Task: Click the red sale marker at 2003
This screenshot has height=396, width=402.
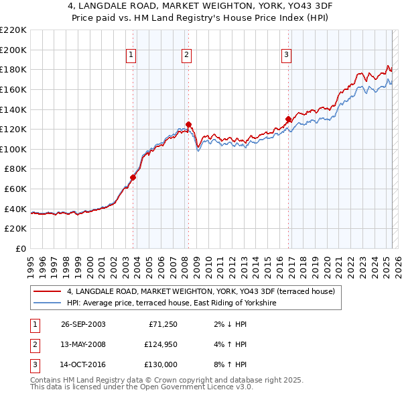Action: click(x=133, y=178)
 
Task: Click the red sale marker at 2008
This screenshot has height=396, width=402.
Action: click(x=188, y=124)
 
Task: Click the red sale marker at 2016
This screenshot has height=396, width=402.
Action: click(x=288, y=119)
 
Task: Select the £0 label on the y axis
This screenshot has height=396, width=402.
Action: click(x=21, y=248)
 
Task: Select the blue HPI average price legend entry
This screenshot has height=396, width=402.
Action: click(x=181, y=303)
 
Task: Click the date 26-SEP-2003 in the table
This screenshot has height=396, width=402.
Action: click(x=83, y=324)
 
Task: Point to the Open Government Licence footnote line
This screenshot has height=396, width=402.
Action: click(x=141, y=388)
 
